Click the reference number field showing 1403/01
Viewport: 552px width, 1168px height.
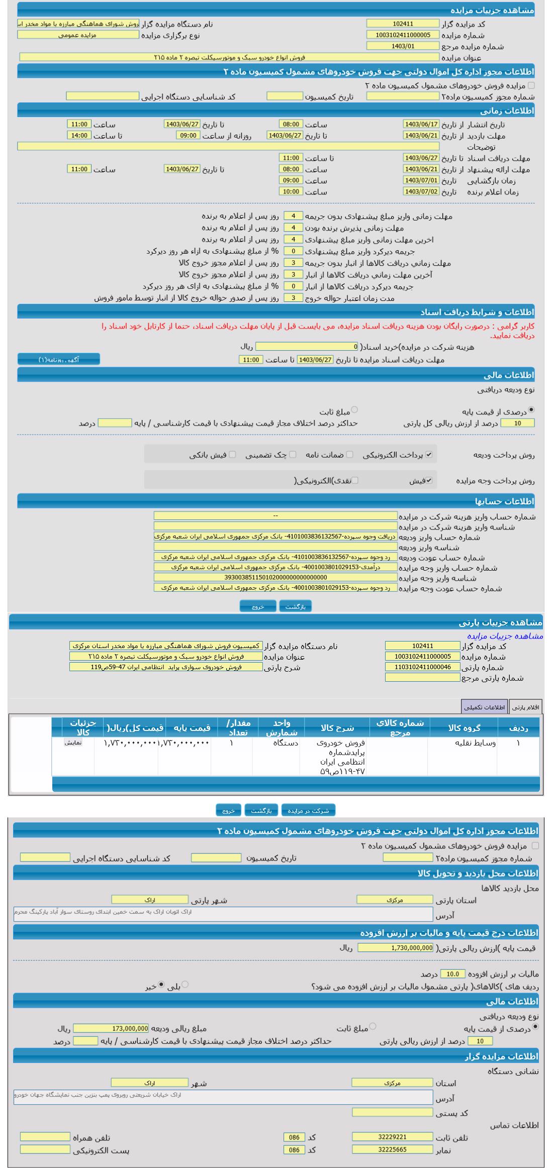403,46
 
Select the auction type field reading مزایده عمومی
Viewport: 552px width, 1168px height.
78,35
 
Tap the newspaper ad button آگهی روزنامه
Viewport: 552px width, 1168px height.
59,359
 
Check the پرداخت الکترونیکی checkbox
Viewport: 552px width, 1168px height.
429,455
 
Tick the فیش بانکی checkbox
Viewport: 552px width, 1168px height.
232,455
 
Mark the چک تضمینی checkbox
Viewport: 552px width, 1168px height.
293,455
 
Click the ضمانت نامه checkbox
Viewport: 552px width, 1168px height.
349,455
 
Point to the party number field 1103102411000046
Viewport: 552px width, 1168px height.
422,667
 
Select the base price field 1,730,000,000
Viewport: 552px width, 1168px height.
395,948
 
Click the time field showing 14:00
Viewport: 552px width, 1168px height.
79,136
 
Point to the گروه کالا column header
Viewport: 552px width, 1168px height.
464,727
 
